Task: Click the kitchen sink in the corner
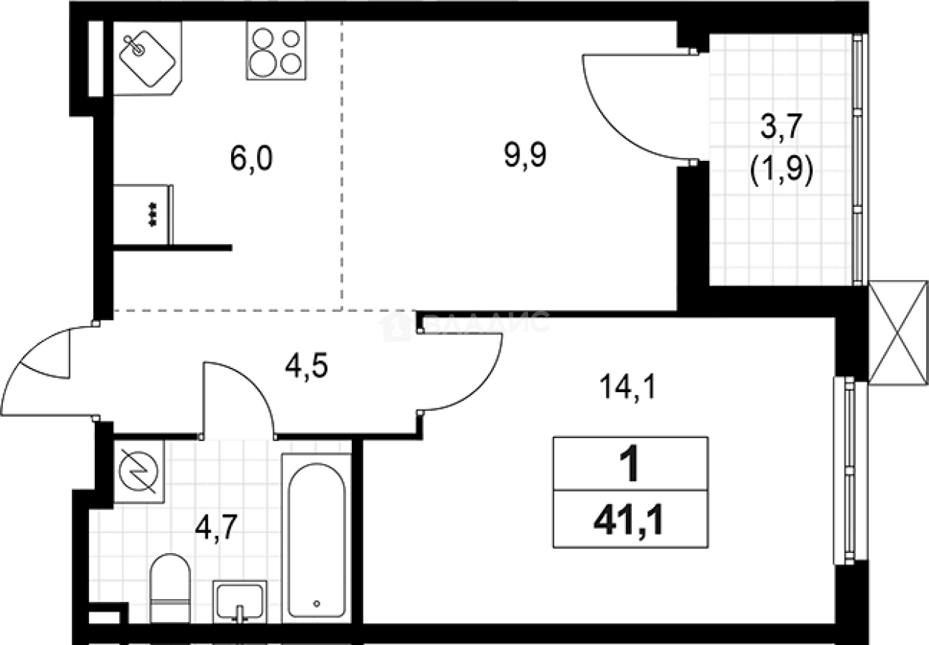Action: coord(147,59)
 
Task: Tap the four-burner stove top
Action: coord(276,50)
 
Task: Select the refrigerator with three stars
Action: coord(143,214)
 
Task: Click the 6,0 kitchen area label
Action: coord(251,159)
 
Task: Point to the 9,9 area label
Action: coord(525,155)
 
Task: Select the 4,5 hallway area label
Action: coord(307,365)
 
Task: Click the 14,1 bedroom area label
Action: coord(628,387)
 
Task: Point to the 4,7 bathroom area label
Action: coord(216,527)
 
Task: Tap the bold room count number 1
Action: coord(629,463)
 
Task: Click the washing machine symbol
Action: coord(139,472)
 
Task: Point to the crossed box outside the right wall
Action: coord(898,333)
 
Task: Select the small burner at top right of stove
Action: coord(291,39)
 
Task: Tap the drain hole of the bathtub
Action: coord(317,603)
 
